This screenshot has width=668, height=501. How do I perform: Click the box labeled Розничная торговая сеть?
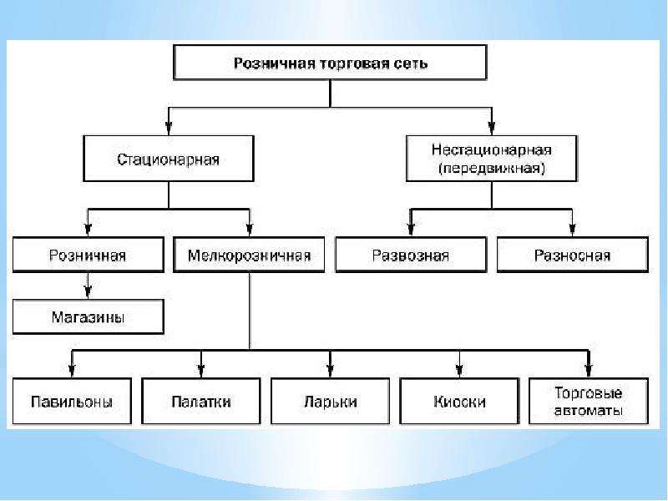330,63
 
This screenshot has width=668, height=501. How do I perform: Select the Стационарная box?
169,159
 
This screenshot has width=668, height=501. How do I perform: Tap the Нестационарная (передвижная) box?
492,159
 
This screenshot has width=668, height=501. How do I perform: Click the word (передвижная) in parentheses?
492,169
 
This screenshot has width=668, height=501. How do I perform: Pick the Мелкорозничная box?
249,255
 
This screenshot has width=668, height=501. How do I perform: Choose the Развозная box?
411,255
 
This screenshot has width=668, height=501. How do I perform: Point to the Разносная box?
573,255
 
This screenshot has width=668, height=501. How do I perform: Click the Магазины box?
89,316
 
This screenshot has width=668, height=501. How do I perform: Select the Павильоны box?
72,402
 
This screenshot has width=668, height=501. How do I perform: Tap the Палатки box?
201,402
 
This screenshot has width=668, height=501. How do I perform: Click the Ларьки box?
330,402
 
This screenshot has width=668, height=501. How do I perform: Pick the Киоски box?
459,402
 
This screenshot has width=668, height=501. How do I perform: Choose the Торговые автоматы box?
589,402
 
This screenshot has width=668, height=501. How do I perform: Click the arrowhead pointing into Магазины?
89,291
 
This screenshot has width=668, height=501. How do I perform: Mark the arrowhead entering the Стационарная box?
169,129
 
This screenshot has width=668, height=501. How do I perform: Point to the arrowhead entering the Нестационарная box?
492,129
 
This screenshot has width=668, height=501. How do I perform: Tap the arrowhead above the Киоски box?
459,371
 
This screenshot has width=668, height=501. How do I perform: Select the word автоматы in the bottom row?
589,411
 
